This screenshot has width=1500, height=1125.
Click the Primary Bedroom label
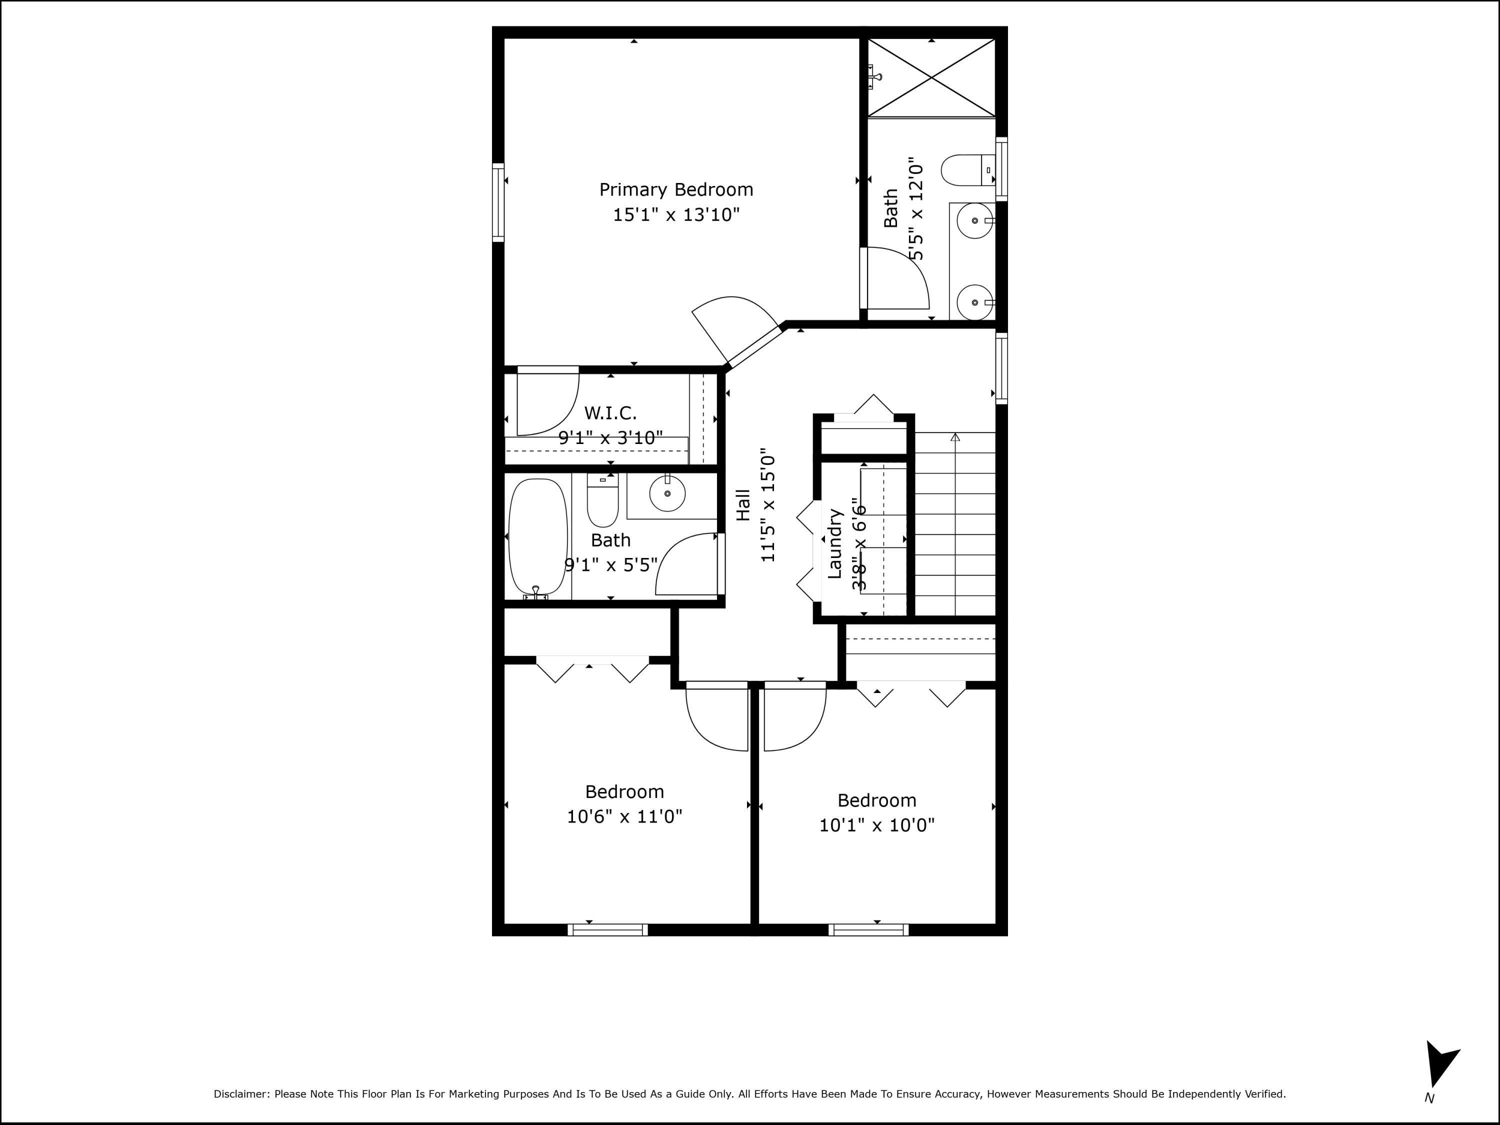(x=676, y=190)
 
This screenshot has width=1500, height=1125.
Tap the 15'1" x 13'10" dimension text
(x=676, y=215)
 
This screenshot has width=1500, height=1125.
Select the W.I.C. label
(x=610, y=413)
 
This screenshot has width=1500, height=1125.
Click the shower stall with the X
(x=931, y=77)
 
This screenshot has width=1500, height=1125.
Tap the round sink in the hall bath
(x=667, y=493)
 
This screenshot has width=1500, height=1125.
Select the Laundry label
(x=835, y=544)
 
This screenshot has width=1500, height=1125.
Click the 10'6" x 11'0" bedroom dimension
(x=624, y=816)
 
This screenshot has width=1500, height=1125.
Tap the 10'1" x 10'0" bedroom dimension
(x=877, y=825)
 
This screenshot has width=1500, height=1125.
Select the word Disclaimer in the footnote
(x=241, y=1094)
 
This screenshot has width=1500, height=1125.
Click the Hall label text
(x=743, y=505)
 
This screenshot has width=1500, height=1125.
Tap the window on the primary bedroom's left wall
(x=498, y=202)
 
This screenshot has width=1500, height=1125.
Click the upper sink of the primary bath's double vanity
(x=975, y=221)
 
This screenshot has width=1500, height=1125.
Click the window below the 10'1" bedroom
(x=868, y=929)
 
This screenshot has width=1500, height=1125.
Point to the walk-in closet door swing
(x=546, y=403)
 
